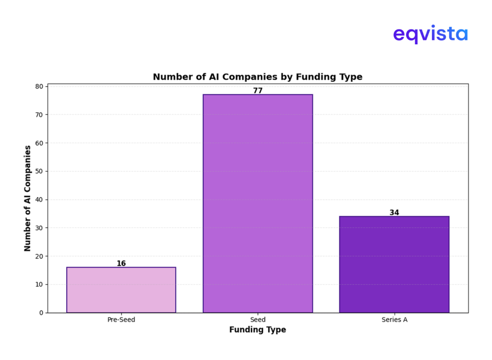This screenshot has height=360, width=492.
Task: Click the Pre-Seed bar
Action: click(x=121, y=290)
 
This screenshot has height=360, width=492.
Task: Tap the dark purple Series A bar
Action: click(x=394, y=264)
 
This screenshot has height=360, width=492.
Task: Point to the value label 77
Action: click(x=258, y=90)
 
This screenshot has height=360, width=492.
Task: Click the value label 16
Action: click(x=121, y=263)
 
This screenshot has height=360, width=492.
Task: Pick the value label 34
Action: click(x=394, y=212)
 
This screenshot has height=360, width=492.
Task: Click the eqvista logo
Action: click(x=430, y=35)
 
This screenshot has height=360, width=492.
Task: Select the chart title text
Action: click(x=258, y=77)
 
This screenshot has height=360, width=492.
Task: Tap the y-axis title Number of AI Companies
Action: click(x=27, y=198)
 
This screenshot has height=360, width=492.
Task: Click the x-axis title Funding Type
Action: click(x=258, y=330)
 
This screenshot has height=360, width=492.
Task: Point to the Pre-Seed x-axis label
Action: click(x=121, y=320)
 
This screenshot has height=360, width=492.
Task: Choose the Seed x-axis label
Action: click(x=258, y=320)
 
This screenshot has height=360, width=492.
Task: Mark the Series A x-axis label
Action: click(x=394, y=320)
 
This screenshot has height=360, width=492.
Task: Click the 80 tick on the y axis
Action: click(x=38, y=87)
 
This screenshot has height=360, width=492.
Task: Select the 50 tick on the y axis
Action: click(x=38, y=171)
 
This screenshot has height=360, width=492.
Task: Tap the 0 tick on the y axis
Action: click(x=40, y=313)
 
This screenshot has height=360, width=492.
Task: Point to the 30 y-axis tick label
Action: click(x=38, y=228)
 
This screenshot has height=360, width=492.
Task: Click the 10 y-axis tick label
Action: click(x=38, y=285)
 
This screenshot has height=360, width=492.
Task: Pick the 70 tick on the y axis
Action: click(x=38, y=114)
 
